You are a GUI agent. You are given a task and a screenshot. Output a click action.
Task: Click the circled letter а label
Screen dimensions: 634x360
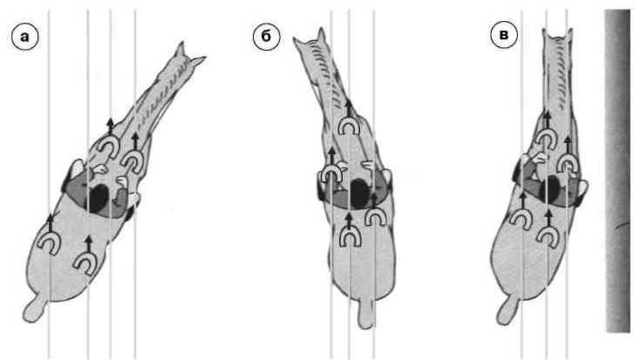point(25,37)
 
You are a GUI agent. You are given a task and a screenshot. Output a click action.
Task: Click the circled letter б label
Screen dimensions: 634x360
point(266,37)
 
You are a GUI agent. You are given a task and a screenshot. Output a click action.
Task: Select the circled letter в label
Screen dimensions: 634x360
point(504,35)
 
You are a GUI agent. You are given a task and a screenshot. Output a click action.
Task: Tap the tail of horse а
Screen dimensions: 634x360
point(34,310)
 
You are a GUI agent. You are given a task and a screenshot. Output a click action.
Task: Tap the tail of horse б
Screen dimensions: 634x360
point(366,313)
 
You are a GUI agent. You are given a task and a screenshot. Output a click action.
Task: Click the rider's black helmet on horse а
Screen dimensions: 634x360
point(99,199)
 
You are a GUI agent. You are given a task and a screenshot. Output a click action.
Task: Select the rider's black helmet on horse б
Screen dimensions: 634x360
point(359,194)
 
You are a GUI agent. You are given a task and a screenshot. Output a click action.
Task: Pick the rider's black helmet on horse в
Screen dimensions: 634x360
point(552,190)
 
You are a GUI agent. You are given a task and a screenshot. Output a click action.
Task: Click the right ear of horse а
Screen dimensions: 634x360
point(198,61)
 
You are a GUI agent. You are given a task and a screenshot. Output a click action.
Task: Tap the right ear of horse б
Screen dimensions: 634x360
point(322,36)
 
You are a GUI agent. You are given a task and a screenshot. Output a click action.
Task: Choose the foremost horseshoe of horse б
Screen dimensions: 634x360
point(349,126)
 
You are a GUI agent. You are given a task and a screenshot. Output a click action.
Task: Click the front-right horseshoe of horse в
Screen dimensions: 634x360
point(567,165)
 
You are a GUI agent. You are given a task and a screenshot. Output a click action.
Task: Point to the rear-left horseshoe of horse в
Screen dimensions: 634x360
point(521,219)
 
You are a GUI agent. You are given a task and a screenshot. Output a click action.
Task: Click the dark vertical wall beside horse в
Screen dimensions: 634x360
point(617,171)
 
